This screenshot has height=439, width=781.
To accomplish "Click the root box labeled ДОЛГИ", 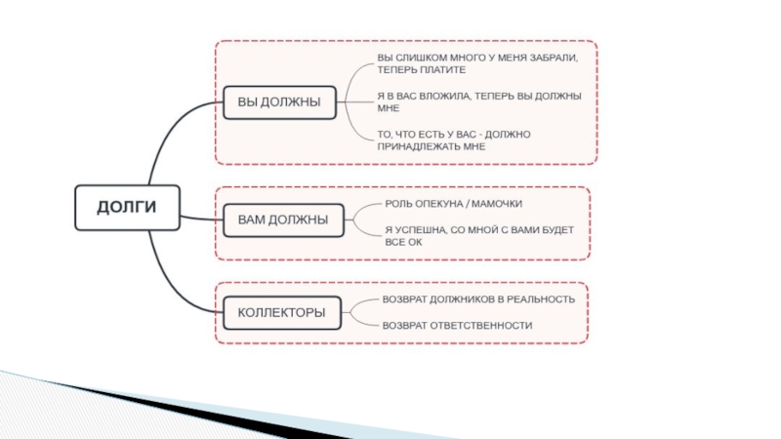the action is coord(128,208).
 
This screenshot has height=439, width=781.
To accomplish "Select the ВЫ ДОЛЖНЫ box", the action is coord(279,102).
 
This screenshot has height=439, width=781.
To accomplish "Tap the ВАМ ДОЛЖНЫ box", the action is coord(283,220).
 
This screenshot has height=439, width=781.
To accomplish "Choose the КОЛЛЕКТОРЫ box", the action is coord(282,312).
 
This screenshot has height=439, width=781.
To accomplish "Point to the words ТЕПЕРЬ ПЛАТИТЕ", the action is coord(422,70).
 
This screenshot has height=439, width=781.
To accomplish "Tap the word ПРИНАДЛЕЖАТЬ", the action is coord(419,147).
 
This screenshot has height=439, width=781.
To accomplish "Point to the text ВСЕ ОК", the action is coord(403,242).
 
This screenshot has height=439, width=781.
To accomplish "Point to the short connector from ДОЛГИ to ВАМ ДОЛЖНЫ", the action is coord(202,218).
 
